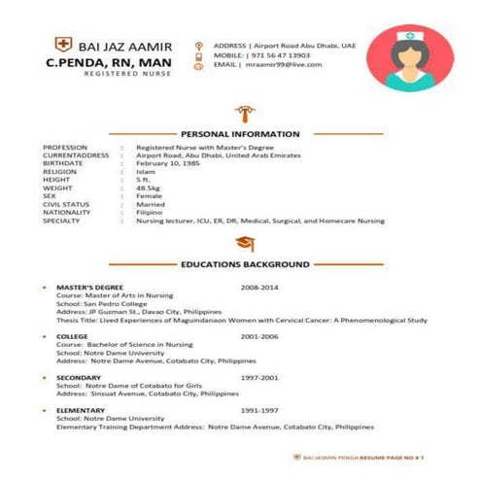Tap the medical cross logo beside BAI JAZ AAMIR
[63, 45]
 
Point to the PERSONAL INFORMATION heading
[241, 133]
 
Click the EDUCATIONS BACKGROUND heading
[245, 263]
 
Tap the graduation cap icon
[243, 243]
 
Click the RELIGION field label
[60, 171]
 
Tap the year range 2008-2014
[259, 289]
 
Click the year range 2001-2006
[259, 335]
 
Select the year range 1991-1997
[259, 411]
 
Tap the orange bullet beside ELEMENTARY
[46, 411]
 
